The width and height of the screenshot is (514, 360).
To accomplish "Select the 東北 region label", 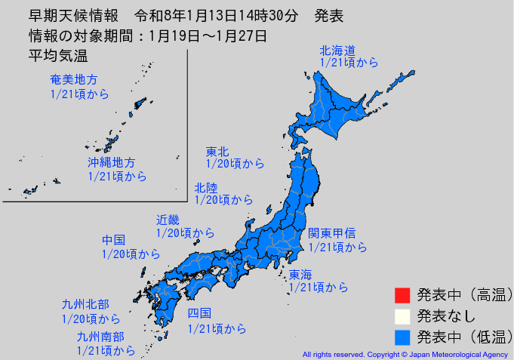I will pyautogui.click(x=217, y=151).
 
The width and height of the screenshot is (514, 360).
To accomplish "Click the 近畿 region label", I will pyautogui.click(x=168, y=220).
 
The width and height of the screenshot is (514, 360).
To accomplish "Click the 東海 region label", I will pyautogui.click(x=300, y=274).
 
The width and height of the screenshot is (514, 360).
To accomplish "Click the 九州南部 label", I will pyautogui.click(x=100, y=337).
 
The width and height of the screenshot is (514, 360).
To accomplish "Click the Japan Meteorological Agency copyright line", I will pyautogui.click(x=406, y=354).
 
